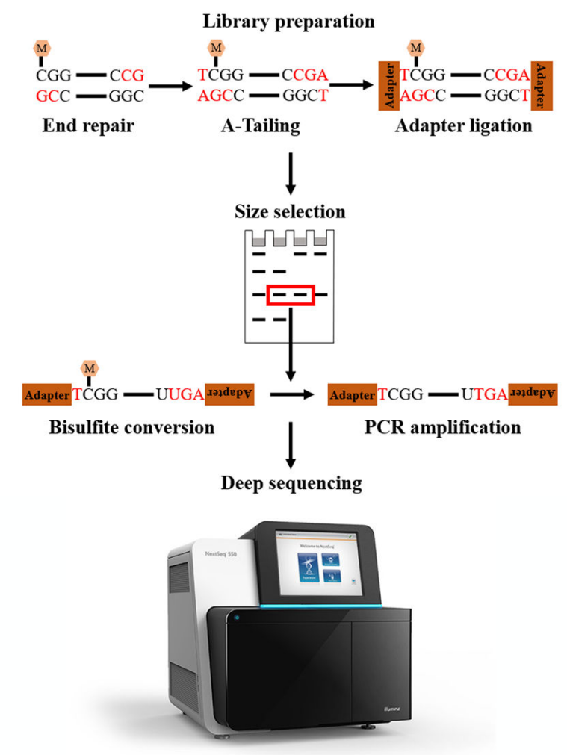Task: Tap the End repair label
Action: click(x=88, y=125)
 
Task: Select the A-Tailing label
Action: click(x=261, y=125)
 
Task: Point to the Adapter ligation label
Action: click(x=463, y=125)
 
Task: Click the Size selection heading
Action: click(x=290, y=211)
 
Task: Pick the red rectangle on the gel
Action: click(x=291, y=296)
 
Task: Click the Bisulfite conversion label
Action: click(x=131, y=428)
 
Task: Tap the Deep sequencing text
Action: click(x=291, y=483)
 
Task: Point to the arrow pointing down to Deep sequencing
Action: click(x=291, y=450)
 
